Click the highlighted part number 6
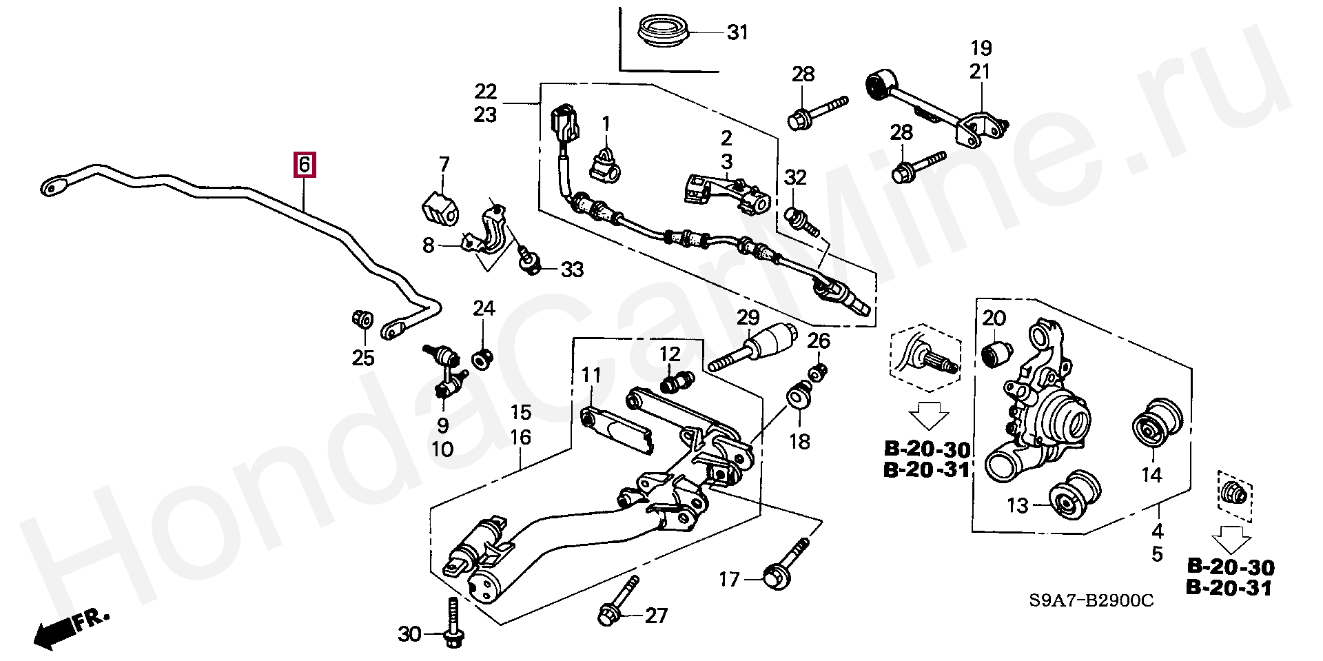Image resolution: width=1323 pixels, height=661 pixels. click(305, 165)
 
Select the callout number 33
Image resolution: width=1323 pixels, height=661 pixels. click(572, 270)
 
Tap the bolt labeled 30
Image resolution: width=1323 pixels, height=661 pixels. click(452, 622)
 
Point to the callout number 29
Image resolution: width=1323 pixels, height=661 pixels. click(748, 318)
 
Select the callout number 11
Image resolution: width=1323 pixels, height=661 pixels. click(591, 376)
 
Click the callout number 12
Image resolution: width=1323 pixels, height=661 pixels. click(669, 354)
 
